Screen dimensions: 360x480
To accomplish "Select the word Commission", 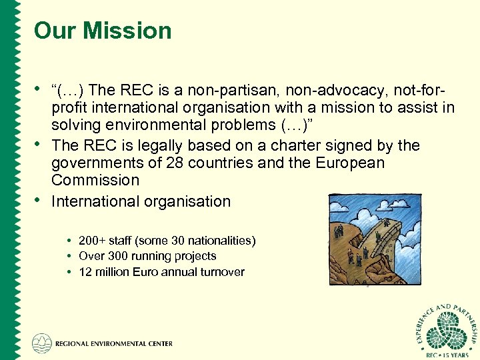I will [95, 180].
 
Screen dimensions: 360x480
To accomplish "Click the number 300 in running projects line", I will [117, 256].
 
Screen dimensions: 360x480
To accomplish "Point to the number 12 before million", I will [85, 272].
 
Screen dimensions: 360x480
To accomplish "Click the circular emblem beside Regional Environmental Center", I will [41, 343].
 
